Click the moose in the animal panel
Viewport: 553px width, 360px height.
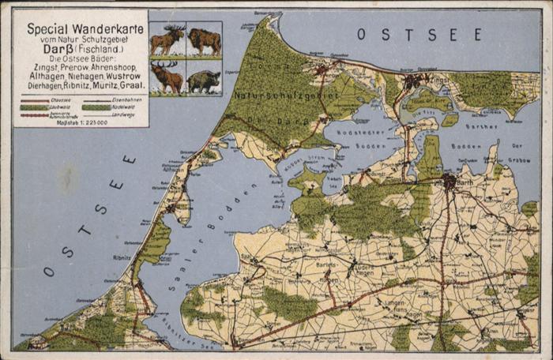coord(167,39)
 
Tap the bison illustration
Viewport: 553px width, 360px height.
coord(204,39)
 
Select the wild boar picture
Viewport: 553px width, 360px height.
coord(204,79)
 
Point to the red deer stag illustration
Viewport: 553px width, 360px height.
coord(167,77)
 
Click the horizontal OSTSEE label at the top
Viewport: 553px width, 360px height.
coord(419,34)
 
